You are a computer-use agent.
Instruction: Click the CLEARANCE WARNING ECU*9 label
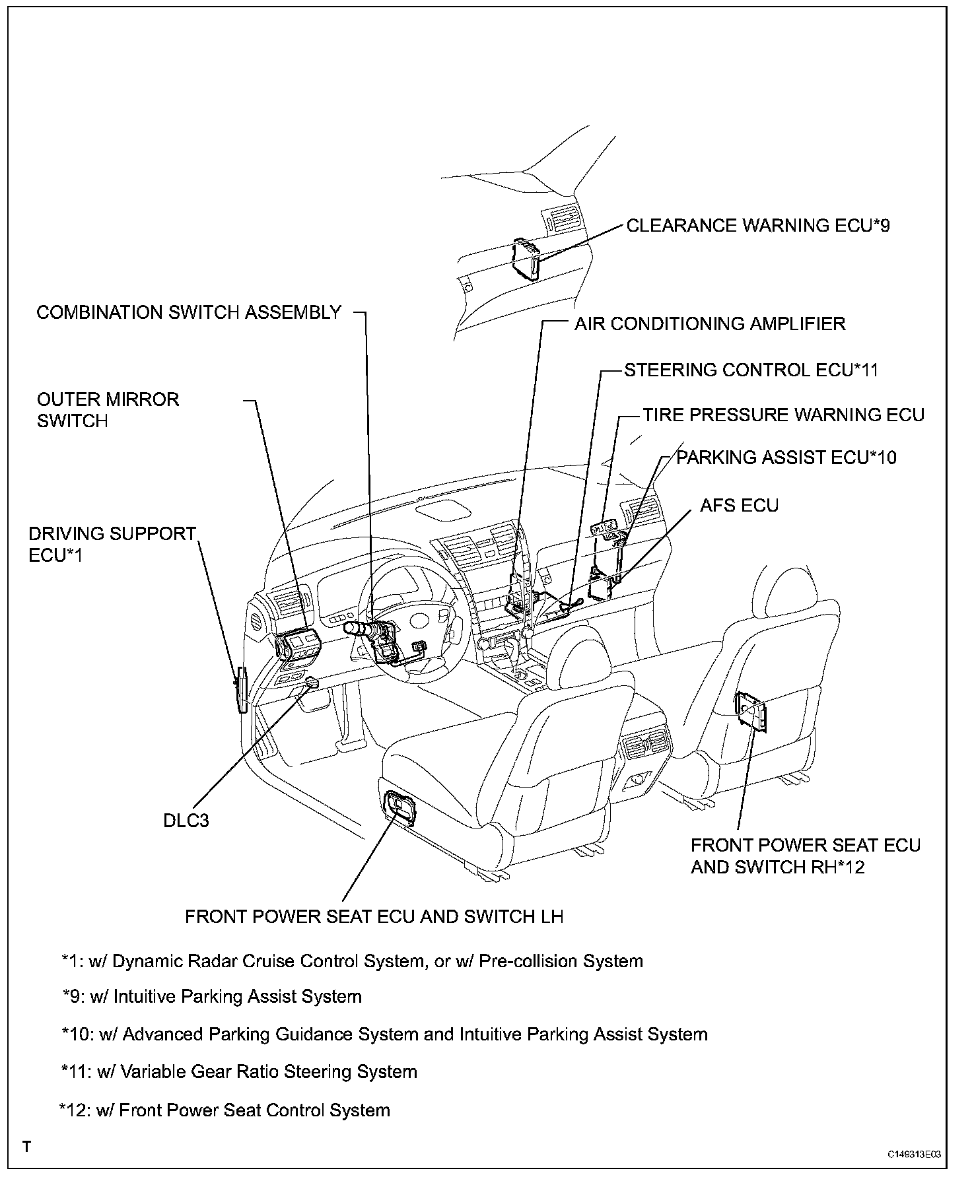point(758,226)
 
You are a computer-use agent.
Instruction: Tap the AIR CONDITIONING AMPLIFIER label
point(710,324)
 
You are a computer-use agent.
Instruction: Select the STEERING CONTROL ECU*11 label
point(751,370)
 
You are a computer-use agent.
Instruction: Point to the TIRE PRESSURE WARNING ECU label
point(784,415)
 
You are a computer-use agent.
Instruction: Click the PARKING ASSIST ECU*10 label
point(786,457)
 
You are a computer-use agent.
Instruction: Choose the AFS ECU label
point(740,506)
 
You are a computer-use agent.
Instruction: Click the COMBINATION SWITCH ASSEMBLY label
point(189,312)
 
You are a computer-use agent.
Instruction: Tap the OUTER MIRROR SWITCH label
point(108,410)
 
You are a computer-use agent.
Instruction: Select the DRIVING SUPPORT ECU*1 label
point(112,545)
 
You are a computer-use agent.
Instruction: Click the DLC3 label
point(186,821)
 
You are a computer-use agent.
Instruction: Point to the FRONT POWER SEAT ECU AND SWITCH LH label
point(374,917)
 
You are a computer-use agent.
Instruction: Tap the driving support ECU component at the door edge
point(242,691)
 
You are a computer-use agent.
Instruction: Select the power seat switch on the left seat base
point(399,807)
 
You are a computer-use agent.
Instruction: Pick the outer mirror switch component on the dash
point(297,643)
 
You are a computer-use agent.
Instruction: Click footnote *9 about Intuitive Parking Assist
point(212,997)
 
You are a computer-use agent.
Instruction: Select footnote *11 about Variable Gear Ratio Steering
point(238,1071)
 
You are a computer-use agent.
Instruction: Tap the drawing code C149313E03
point(913,1155)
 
